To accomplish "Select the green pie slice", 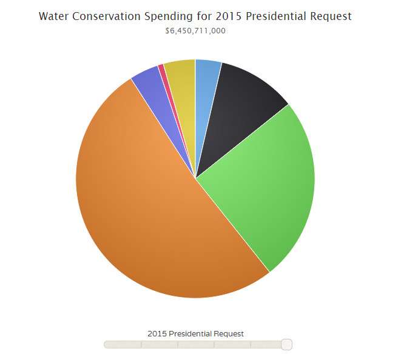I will point(261,182).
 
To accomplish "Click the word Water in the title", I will point(53,16).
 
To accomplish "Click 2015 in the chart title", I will point(229,16).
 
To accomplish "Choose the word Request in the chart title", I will point(332,16).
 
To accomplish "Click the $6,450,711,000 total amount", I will point(195,30).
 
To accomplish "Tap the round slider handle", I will point(287,344).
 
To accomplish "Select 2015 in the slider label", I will point(157,333).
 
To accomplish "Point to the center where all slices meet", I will point(195,178).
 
